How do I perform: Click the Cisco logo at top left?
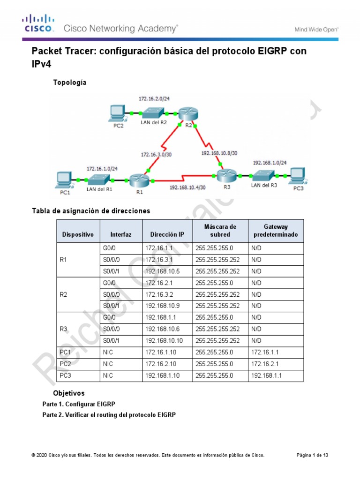pyautogui.click(x=39, y=23)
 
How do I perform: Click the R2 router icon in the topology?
pyautogui.click(x=188, y=113)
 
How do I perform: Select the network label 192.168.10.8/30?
pyautogui.click(x=219, y=153)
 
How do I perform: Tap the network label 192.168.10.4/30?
pyautogui.click(x=187, y=187)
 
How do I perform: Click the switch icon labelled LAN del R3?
pyautogui.click(x=261, y=175)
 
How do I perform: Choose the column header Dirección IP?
pyautogui.click(x=167, y=234)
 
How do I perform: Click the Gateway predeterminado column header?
pyautogui.click(x=276, y=230)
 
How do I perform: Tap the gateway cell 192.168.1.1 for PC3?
pyautogui.click(x=267, y=375)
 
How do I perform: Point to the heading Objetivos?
pyautogui.click(x=69, y=393)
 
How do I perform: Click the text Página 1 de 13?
pyautogui.click(x=313, y=455)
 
